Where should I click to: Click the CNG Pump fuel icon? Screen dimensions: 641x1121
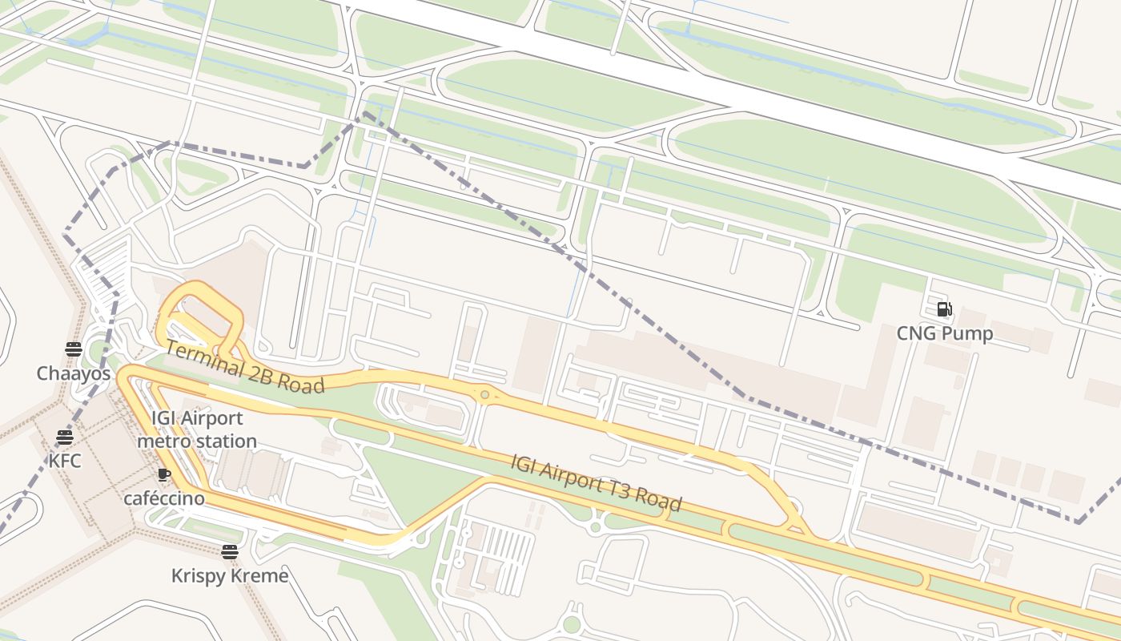pyautogui.click(x=944, y=308)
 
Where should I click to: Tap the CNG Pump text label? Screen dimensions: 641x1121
pyautogui.click(x=944, y=333)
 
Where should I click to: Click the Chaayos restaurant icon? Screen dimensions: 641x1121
pyautogui.click(x=74, y=349)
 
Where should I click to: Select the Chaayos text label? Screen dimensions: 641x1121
pyautogui.click(x=74, y=373)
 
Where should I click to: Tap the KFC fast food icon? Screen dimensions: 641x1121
pyautogui.click(x=65, y=437)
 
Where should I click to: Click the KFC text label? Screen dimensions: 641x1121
pyautogui.click(x=65, y=462)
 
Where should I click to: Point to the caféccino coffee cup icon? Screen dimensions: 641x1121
pyautogui.click(x=164, y=474)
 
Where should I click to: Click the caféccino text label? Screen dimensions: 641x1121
pyautogui.click(x=164, y=498)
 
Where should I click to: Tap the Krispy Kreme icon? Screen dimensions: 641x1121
pyautogui.click(x=230, y=551)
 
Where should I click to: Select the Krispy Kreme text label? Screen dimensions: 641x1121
pyautogui.click(x=230, y=575)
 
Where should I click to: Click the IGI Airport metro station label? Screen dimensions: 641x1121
pyautogui.click(x=197, y=429)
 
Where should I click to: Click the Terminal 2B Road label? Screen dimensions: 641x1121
pyautogui.click(x=244, y=368)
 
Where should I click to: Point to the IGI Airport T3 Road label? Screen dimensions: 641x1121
pyautogui.click(x=597, y=482)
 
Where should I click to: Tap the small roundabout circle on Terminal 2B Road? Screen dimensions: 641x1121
pyautogui.click(x=484, y=394)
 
